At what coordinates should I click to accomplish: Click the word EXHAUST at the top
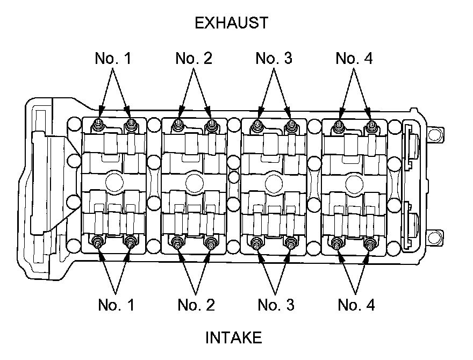[x=232, y=23]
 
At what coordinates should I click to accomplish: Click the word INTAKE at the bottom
[x=234, y=338]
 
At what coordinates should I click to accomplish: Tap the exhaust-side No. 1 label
[x=113, y=58]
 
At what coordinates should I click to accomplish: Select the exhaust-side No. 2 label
[x=194, y=58]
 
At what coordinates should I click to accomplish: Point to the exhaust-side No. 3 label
[x=274, y=58]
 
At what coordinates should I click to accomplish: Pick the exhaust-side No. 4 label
[x=354, y=58]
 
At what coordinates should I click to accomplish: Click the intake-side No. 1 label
[x=116, y=305]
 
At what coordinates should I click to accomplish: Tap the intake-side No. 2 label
[x=196, y=305]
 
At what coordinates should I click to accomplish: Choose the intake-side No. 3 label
[x=276, y=305]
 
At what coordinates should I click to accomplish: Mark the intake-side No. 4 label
[x=356, y=305]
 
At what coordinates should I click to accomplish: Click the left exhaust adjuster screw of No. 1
[x=98, y=125]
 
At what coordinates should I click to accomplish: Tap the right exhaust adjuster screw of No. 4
[x=370, y=126]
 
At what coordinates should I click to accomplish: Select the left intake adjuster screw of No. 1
[x=98, y=242]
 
